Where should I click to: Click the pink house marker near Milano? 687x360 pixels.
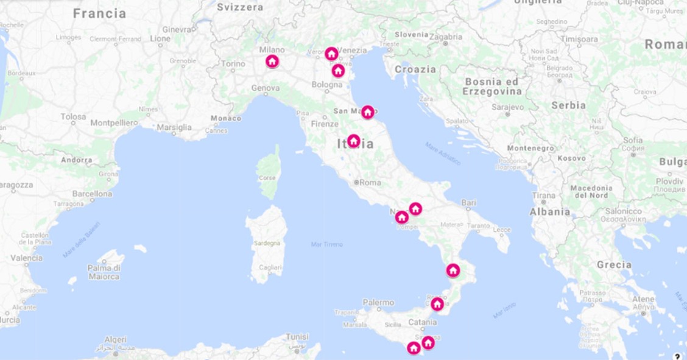[x=272, y=61]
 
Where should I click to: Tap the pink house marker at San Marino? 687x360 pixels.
[x=367, y=112]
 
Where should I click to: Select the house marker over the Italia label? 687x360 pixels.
[x=353, y=141]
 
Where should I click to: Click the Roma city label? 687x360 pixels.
[x=370, y=182]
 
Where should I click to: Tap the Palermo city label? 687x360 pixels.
[x=378, y=302]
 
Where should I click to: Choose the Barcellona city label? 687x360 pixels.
[x=92, y=194]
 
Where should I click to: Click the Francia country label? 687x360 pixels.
[x=99, y=13]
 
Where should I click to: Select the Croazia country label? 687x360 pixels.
[x=415, y=69]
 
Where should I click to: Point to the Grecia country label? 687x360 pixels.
[x=614, y=265]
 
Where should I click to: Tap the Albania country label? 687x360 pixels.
[x=550, y=212]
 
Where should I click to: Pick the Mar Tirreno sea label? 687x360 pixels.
[x=326, y=244]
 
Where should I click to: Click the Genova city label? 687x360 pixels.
[x=266, y=88]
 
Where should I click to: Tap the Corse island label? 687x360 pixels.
[x=267, y=178]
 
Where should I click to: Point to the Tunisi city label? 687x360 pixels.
[x=298, y=336]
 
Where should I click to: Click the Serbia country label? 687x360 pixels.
[x=568, y=105]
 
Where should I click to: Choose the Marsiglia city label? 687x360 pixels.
[x=174, y=127]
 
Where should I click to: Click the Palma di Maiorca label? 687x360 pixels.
[x=104, y=272]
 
